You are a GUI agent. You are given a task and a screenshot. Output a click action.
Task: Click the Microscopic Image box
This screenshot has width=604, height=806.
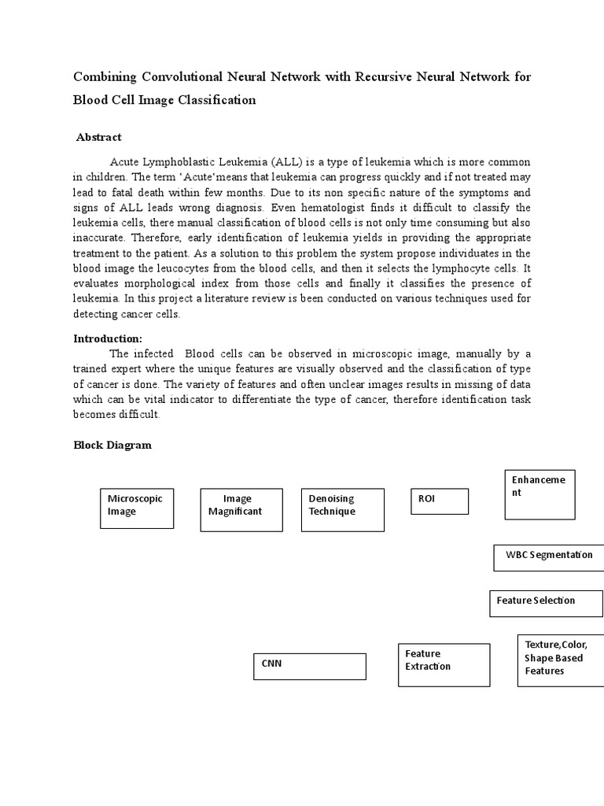point(137,508)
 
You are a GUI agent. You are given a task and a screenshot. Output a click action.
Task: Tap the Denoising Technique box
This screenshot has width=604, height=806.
point(343,509)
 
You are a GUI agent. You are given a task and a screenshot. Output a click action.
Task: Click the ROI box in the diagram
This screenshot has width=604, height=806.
point(439,501)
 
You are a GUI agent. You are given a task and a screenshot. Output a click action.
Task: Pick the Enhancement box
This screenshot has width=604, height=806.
point(540,494)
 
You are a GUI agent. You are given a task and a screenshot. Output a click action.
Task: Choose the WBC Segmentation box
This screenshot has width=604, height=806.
point(548,557)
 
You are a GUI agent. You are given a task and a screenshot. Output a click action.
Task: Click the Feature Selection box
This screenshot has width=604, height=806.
point(546,603)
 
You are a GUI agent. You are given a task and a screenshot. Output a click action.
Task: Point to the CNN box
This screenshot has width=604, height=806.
point(309,666)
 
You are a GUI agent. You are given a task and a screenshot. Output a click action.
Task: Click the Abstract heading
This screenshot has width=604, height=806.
point(99,137)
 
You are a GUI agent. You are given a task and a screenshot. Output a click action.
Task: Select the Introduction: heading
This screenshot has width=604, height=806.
point(108,338)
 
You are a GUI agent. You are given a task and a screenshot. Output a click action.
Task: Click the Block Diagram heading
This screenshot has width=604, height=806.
point(112,445)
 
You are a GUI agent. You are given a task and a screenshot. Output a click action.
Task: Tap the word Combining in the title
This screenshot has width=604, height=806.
point(105,77)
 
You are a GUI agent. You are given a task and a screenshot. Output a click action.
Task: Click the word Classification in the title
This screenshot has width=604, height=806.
point(216,100)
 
